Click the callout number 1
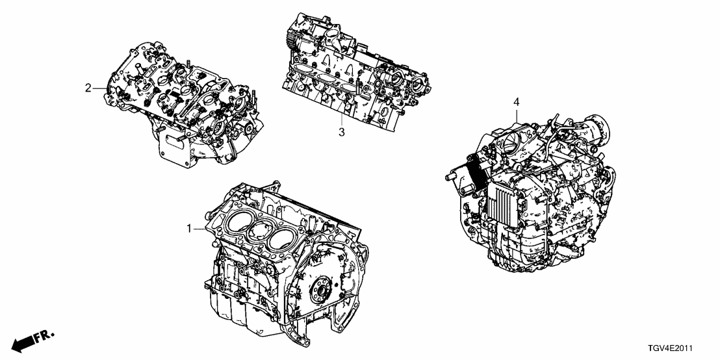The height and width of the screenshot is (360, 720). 189,229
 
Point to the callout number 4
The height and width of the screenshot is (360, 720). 517,102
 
